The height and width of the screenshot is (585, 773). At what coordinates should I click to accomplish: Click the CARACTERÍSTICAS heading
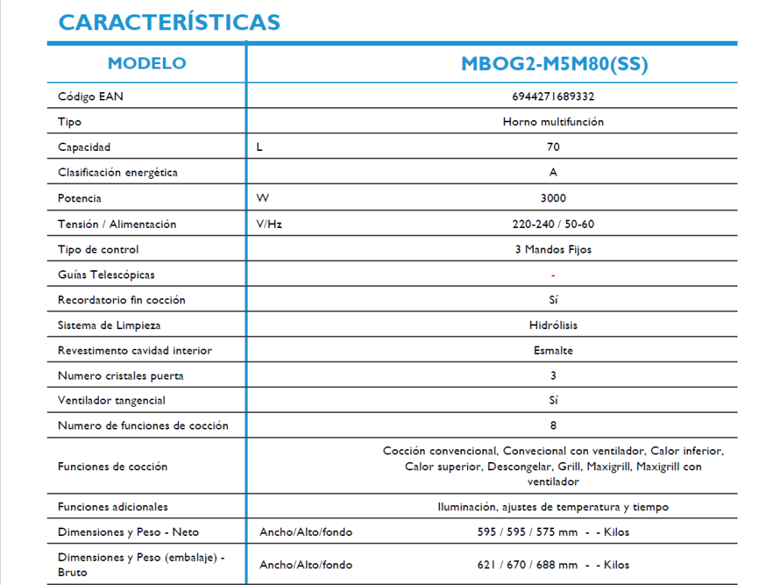(x=169, y=23)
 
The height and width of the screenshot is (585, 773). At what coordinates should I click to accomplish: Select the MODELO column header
(x=146, y=63)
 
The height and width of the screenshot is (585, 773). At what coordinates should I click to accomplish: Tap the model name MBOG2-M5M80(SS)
(x=554, y=64)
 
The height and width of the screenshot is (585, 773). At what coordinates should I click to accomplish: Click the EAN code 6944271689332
(x=553, y=97)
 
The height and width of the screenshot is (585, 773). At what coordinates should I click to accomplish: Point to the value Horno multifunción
(x=553, y=122)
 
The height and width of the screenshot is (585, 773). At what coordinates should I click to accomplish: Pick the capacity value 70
(x=553, y=147)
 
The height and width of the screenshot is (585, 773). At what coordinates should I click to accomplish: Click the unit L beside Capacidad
(x=260, y=147)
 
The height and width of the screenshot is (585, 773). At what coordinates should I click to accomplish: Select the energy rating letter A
(x=553, y=173)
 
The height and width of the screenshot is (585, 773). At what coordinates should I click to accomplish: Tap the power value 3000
(x=553, y=199)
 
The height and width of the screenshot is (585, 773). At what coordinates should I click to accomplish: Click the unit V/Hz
(x=269, y=224)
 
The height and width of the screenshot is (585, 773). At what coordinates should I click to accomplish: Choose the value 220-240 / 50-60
(x=553, y=224)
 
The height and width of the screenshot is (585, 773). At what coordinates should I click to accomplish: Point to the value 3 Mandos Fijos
(x=553, y=249)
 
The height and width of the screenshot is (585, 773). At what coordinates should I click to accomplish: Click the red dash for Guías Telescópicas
(x=553, y=275)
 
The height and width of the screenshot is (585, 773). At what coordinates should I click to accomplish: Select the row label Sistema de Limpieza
(x=109, y=325)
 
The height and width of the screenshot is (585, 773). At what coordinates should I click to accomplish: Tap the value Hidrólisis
(x=553, y=325)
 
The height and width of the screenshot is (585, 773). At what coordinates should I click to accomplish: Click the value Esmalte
(x=553, y=350)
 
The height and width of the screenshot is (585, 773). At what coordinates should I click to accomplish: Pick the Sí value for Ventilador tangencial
(x=553, y=400)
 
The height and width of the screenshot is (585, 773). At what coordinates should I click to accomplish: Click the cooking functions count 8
(x=553, y=426)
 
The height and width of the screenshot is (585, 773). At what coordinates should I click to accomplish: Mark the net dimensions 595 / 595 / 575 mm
(x=528, y=532)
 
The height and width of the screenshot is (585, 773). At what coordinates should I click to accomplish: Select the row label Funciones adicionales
(x=113, y=506)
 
